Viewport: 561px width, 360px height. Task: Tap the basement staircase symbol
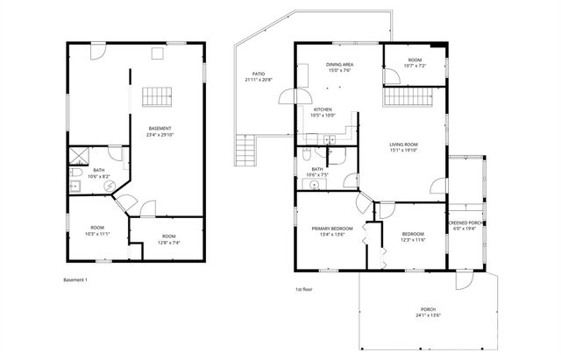154,95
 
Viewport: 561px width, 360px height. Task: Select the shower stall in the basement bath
77,158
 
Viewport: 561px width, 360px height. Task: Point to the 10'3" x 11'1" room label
96,232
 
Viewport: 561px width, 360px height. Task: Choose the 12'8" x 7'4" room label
168,238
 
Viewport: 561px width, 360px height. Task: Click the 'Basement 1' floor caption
75,280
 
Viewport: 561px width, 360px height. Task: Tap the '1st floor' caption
304,289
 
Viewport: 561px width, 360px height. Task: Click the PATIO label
259,77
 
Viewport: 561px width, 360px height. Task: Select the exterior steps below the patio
245,154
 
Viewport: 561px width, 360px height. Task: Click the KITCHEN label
323,112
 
